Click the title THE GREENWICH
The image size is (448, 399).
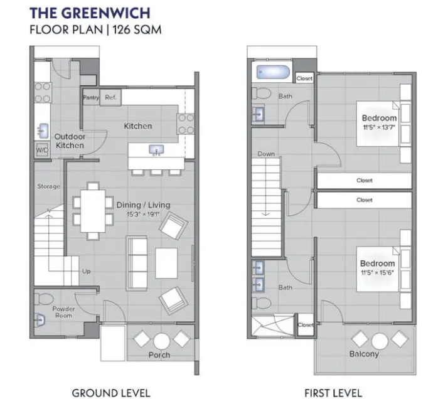click(x=90, y=13)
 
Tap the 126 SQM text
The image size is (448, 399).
click(x=137, y=29)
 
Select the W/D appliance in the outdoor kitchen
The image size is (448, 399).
click(x=42, y=150)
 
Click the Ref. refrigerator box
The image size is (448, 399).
click(x=110, y=97)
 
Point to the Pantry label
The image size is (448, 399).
click(x=91, y=97)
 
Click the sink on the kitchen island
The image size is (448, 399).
click(x=156, y=150)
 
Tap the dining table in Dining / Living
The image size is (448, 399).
click(x=93, y=211)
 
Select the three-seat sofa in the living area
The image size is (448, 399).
click(x=137, y=263)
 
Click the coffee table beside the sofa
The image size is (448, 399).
click(x=166, y=263)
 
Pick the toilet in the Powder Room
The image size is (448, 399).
click(x=44, y=299)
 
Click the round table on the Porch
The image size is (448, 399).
click(x=161, y=341)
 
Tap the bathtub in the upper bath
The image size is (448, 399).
click(x=272, y=72)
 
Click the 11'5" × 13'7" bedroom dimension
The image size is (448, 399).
click(x=379, y=127)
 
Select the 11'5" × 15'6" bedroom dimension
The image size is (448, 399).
click(x=378, y=273)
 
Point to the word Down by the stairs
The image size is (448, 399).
click(x=266, y=154)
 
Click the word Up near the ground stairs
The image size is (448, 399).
click(x=87, y=271)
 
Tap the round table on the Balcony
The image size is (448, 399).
click(x=380, y=341)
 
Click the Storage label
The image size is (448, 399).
click(x=49, y=186)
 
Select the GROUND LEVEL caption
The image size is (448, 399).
click(x=111, y=393)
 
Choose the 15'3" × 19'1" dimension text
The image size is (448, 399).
click(x=143, y=214)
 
